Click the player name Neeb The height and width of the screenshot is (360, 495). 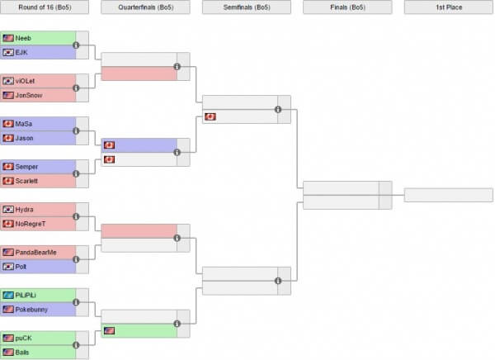coord(23,38)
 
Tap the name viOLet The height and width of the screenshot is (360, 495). coord(26,81)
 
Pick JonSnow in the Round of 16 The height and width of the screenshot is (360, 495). coord(28,95)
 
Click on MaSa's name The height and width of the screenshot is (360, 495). coord(24,124)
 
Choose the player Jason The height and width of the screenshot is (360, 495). coord(25,138)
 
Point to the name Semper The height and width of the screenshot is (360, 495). coord(26,167)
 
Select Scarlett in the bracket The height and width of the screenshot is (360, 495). coord(27,181)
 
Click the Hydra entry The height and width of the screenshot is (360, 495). coord(25,210)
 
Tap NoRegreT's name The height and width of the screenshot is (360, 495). coord(31,224)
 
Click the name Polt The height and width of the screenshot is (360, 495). coord(22,267)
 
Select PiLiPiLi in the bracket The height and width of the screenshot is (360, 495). coord(27,295)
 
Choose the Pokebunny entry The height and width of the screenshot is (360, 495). coord(31,310)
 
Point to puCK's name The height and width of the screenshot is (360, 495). coord(24,338)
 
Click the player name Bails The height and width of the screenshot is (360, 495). coord(22,352)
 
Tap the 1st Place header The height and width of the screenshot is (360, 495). coord(449,7)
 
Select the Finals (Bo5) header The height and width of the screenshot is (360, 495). coord(347,7)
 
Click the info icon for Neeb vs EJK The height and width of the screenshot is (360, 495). coord(76,45)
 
